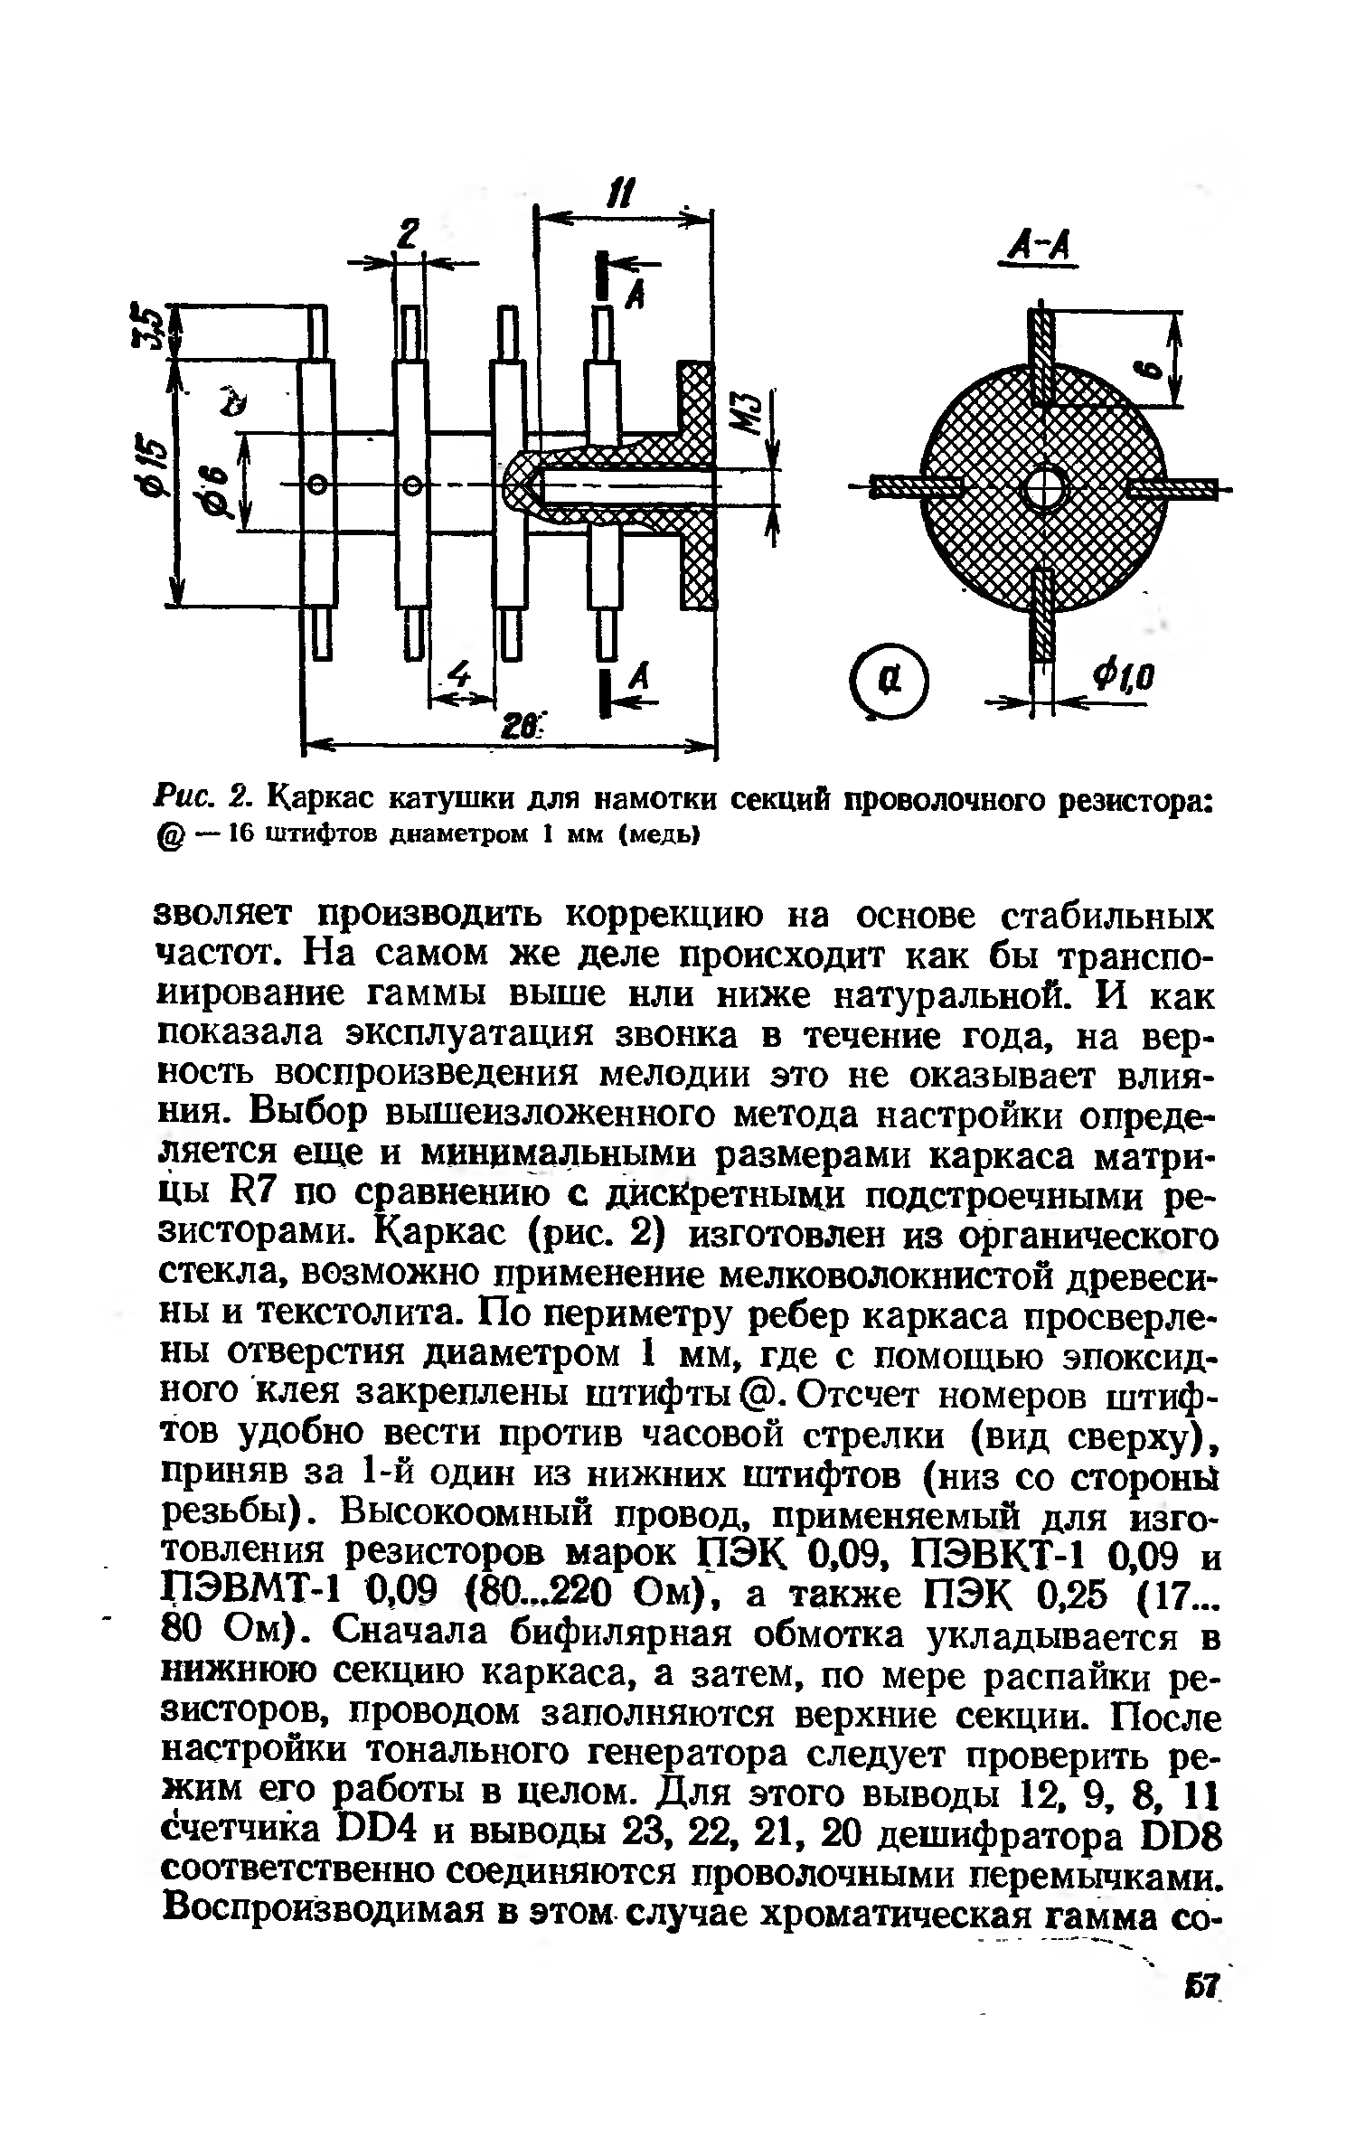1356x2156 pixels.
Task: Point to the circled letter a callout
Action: [889, 680]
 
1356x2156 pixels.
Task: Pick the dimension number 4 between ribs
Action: [461, 676]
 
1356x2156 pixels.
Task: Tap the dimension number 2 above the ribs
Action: [410, 238]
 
